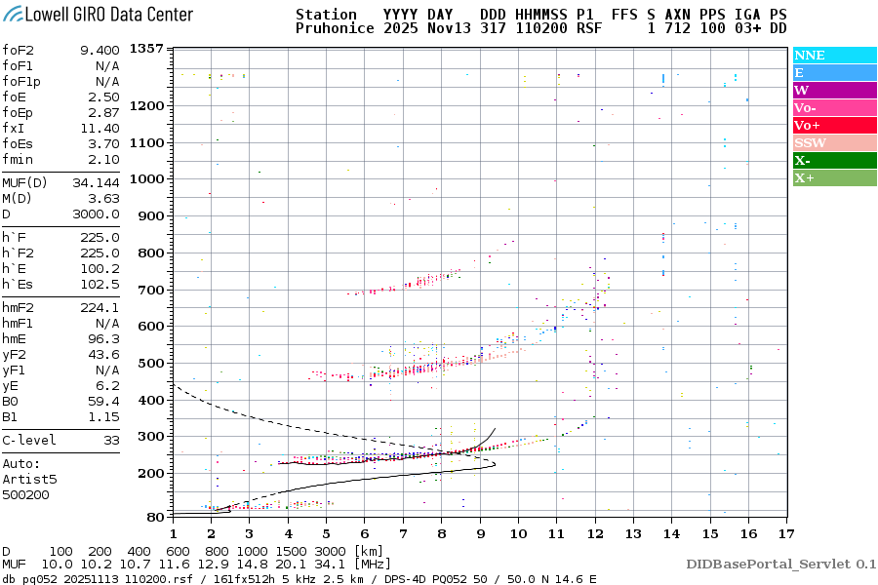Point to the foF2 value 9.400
tap(99, 50)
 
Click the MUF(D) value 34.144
tap(96, 182)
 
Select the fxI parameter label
tap(15, 128)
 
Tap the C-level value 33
tap(109, 440)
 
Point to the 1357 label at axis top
tap(146, 49)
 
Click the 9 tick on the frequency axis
tap(480, 533)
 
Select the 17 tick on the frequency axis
tap(785, 533)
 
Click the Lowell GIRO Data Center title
tap(98, 15)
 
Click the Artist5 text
tap(30, 479)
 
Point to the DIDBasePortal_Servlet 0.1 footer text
tap(780, 564)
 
